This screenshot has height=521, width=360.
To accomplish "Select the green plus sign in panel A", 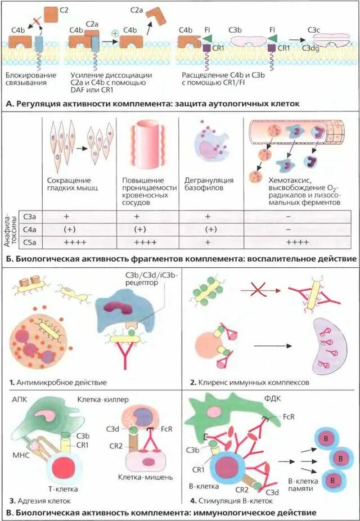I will click(x=115, y=33).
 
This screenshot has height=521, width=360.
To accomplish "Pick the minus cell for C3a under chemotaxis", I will click(x=288, y=217).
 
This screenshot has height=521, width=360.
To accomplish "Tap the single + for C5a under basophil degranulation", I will click(x=208, y=241).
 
